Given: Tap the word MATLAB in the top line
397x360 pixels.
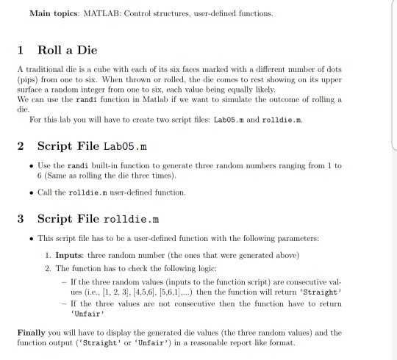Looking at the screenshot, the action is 103,13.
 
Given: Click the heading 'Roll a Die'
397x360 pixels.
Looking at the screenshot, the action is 68,50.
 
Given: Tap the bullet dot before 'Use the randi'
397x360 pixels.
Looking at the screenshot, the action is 29,166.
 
